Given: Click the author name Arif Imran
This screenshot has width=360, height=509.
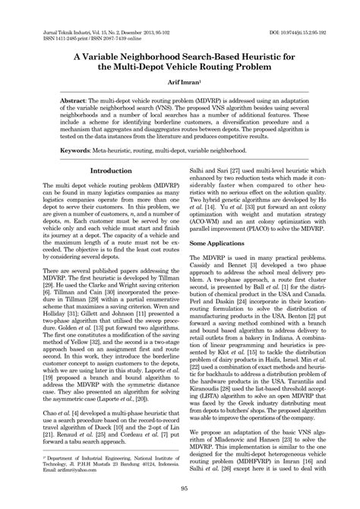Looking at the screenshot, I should coord(179,80).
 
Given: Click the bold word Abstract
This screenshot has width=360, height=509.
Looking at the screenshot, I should coord(77,100).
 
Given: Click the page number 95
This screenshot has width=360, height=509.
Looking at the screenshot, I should coord(179,488).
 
